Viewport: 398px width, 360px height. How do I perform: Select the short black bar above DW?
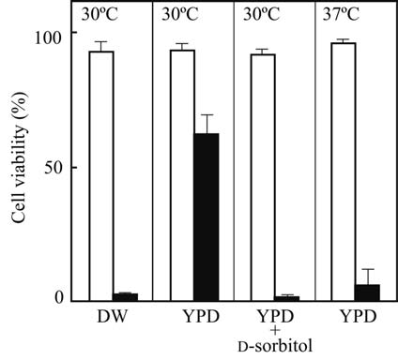(x=125, y=296)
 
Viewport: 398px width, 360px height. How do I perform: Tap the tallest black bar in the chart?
(x=206, y=217)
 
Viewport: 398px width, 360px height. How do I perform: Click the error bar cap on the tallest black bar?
(x=206, y=115)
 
